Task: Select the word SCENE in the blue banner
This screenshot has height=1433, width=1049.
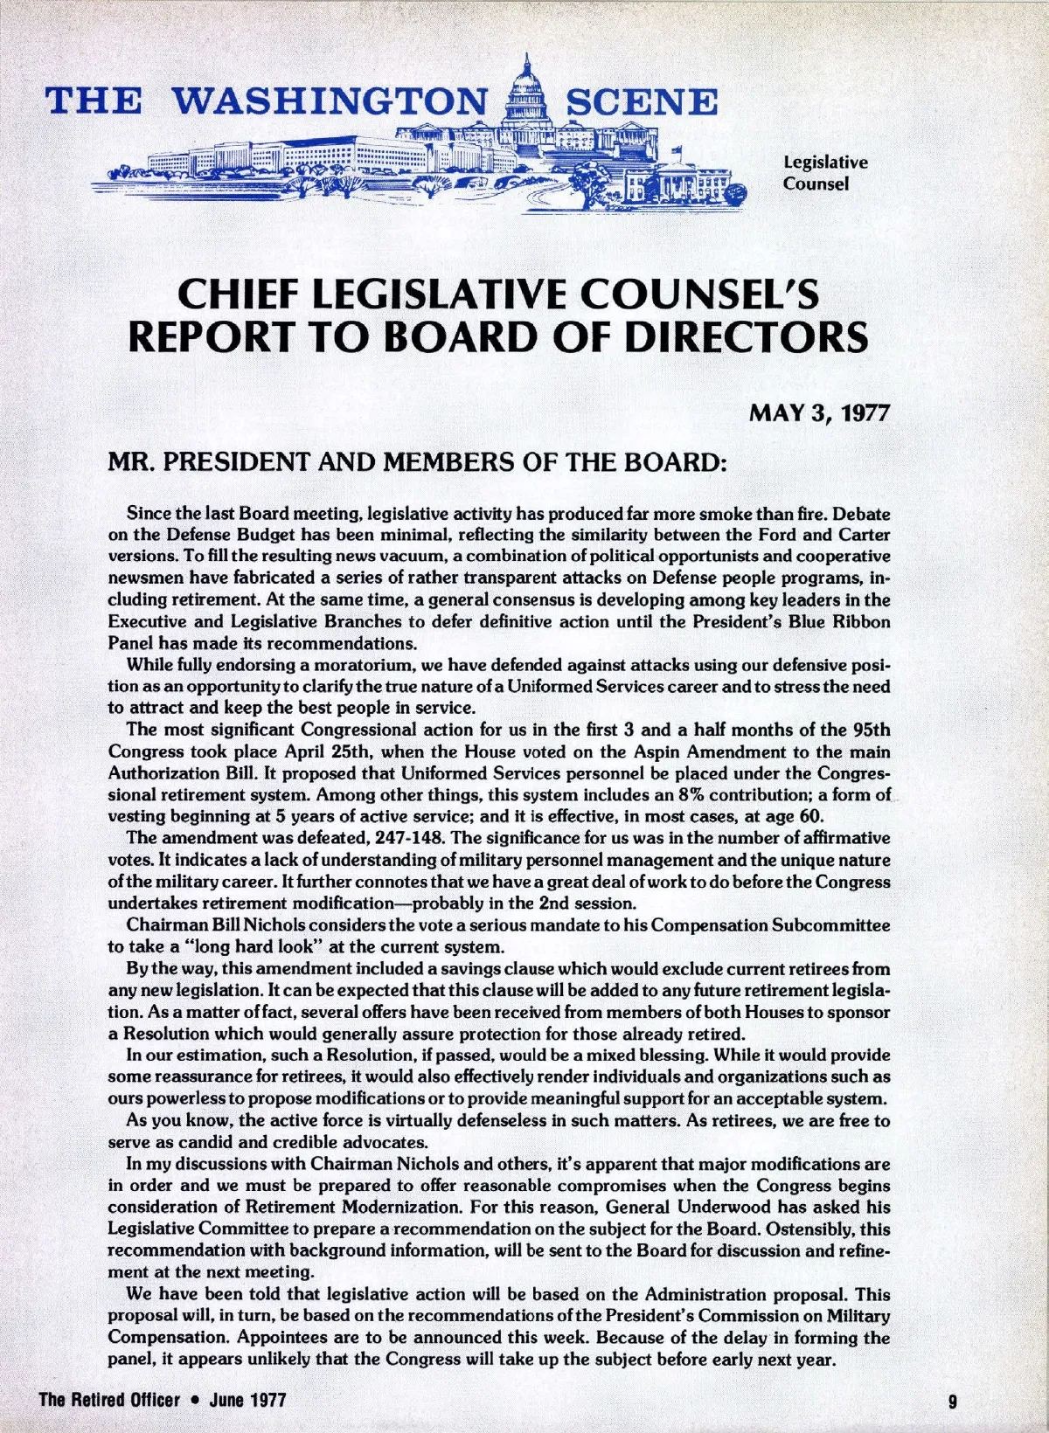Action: [642, 101]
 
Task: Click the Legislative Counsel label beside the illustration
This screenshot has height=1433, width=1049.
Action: [825, 173]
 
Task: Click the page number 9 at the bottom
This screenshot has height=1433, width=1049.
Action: [953, 1400]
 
